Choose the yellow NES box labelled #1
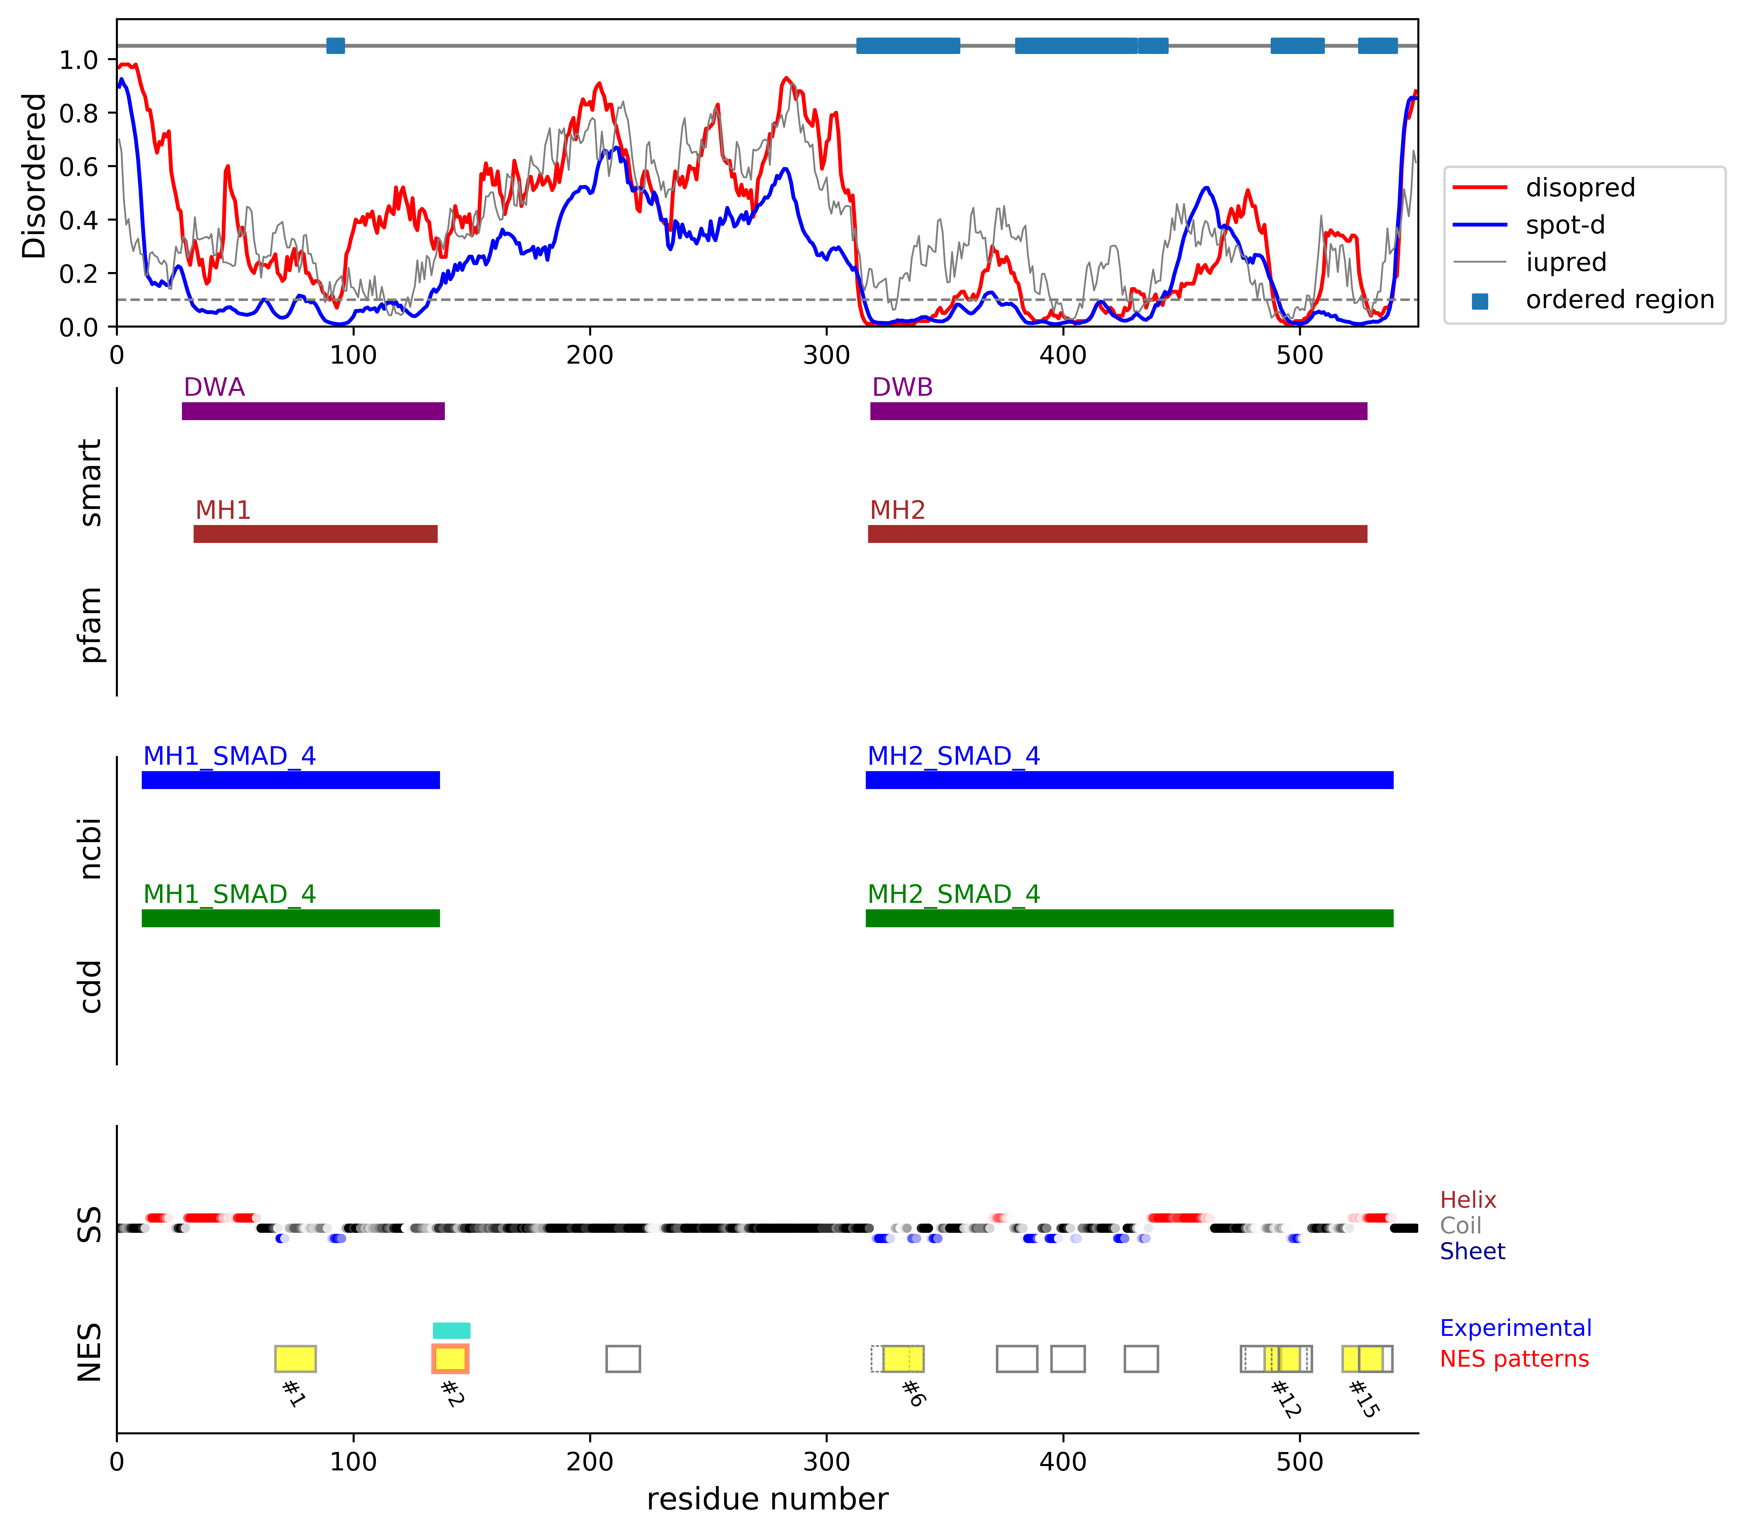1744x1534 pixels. pos(295,1358)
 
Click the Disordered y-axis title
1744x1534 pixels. pos(34,176)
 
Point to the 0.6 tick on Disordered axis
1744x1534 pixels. pos(78,166)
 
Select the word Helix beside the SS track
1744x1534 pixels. pos(1468,1200)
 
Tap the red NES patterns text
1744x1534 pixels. pos(1514,1359)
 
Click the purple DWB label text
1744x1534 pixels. pos(902,388)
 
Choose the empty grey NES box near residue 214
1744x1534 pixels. pos(623,1358)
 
